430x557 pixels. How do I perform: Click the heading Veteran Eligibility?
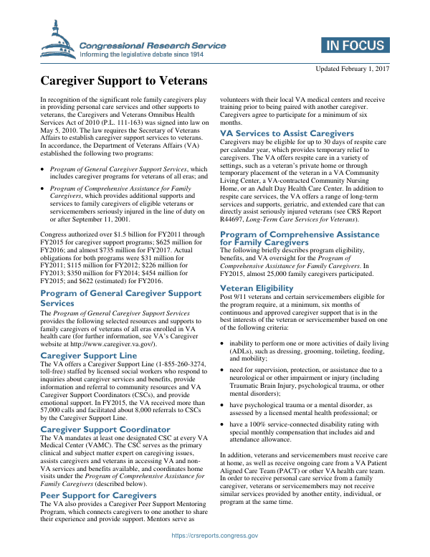coord(257,268)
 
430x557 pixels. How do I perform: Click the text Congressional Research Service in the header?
coord(153,45)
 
